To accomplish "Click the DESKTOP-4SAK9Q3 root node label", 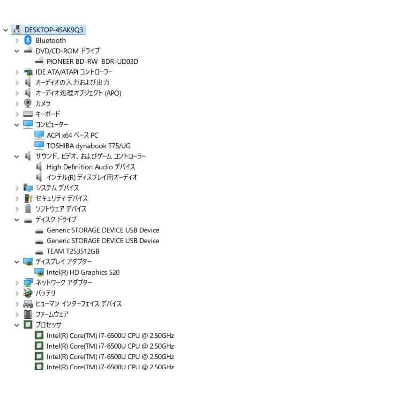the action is click(x=54, y=30).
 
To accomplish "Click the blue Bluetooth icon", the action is click(x=28, y=40).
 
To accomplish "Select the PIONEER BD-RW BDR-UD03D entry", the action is click(x=92, y=61).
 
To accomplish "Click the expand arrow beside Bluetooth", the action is click(x=17, y=41).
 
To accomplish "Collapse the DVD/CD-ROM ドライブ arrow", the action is click(x=16, y=51).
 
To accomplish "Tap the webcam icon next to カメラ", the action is click(x=28, y=103).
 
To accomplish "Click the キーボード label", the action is click(x=48, y=114).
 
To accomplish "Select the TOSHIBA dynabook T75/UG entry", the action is click(x=89, y=146).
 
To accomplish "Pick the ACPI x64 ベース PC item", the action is click(x=73, y=135).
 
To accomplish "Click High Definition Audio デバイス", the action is click(x=91, y=167).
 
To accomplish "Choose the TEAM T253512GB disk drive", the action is click(x=73, y=251).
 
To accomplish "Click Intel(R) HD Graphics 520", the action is click(x=83, y=272).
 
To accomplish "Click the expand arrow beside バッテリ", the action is click(x=17, y=293).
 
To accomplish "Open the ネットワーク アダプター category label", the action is click(x=64, y=283).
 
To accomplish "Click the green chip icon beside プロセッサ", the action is click(x=28, y=324).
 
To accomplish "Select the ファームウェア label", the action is click(x=52, y=314).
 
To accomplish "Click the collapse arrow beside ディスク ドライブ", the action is click(x=16, y=220).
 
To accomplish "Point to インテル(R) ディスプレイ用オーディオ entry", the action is click(x=92, y=177).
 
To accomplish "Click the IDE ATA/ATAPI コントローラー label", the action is click(x=74, y=72).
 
